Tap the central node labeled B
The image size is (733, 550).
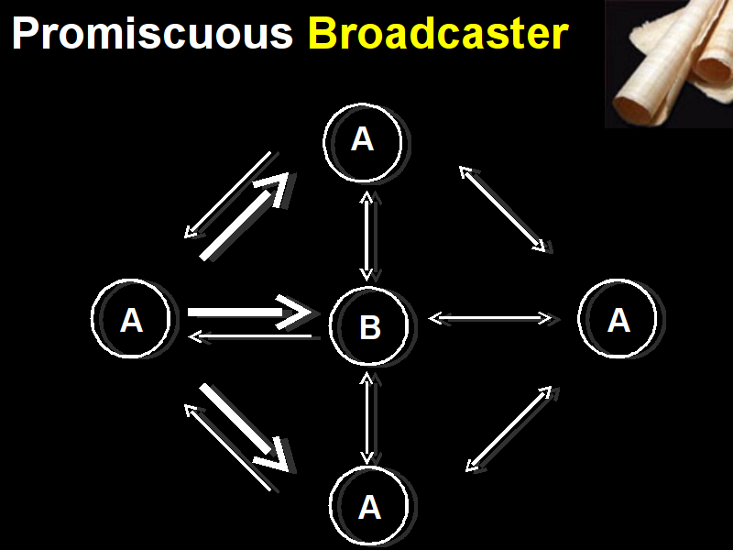369,326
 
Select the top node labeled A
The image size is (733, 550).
363,139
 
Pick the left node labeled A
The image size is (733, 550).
131,319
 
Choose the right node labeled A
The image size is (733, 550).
618,319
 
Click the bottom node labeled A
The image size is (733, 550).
369,506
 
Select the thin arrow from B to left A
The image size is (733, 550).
252,336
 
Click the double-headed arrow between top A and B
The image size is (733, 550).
367,236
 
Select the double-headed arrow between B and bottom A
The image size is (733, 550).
367,418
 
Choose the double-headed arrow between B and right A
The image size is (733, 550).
491,318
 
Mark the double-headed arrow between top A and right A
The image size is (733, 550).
502,208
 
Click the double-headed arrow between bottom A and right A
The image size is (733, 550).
509,429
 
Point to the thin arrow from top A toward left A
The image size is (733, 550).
227,195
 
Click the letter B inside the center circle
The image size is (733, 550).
369,327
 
